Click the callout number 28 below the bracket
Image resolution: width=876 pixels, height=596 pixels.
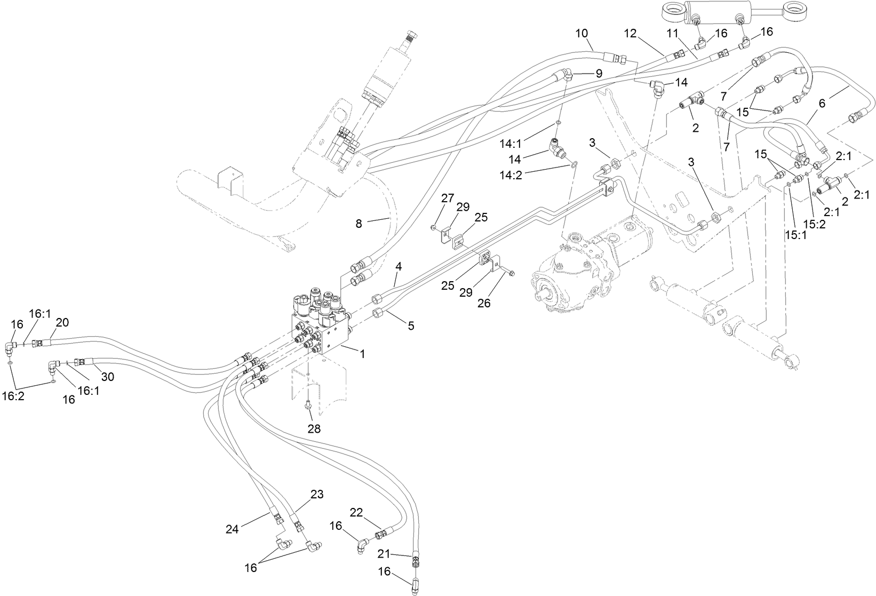point(314,428)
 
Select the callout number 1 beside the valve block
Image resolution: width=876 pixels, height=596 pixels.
point(363,353)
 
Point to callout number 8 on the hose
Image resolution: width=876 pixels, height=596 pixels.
point(359,224)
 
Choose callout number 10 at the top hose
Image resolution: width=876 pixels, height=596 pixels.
point(582,33)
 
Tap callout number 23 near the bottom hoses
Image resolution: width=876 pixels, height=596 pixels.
point(317,495)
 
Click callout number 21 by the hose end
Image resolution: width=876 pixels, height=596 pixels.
point(384,552)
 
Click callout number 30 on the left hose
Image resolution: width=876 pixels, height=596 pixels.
point(108,377)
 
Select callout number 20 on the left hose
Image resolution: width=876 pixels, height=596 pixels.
point(62,322)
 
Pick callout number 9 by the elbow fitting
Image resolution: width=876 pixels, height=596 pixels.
point(599,74)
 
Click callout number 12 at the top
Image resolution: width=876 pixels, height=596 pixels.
point(631,33)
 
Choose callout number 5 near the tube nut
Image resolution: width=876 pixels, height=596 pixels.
point(411,325)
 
